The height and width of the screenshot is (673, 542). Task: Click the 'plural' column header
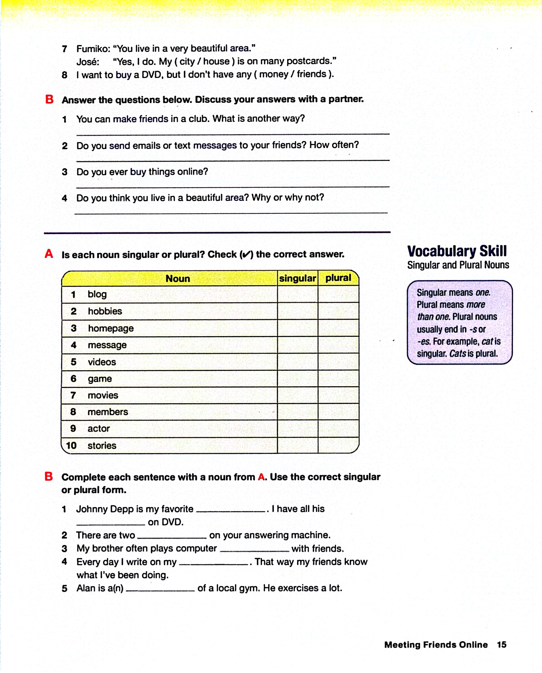tap(338, 278)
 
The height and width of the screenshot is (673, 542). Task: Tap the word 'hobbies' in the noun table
tap(105, 311)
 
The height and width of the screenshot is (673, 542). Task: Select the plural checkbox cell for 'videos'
tap(338, 362)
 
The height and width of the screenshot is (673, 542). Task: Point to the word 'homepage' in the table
tap(111, 328)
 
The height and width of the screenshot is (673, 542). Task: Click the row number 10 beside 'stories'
tap(71, 445)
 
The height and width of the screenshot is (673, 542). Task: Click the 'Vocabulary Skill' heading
tap(457, 251)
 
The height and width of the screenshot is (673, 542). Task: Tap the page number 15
tap(501, 645)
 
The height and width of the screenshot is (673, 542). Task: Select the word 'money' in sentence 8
tap(274, 74)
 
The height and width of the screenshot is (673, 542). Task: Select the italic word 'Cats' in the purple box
tap(457, 354)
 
